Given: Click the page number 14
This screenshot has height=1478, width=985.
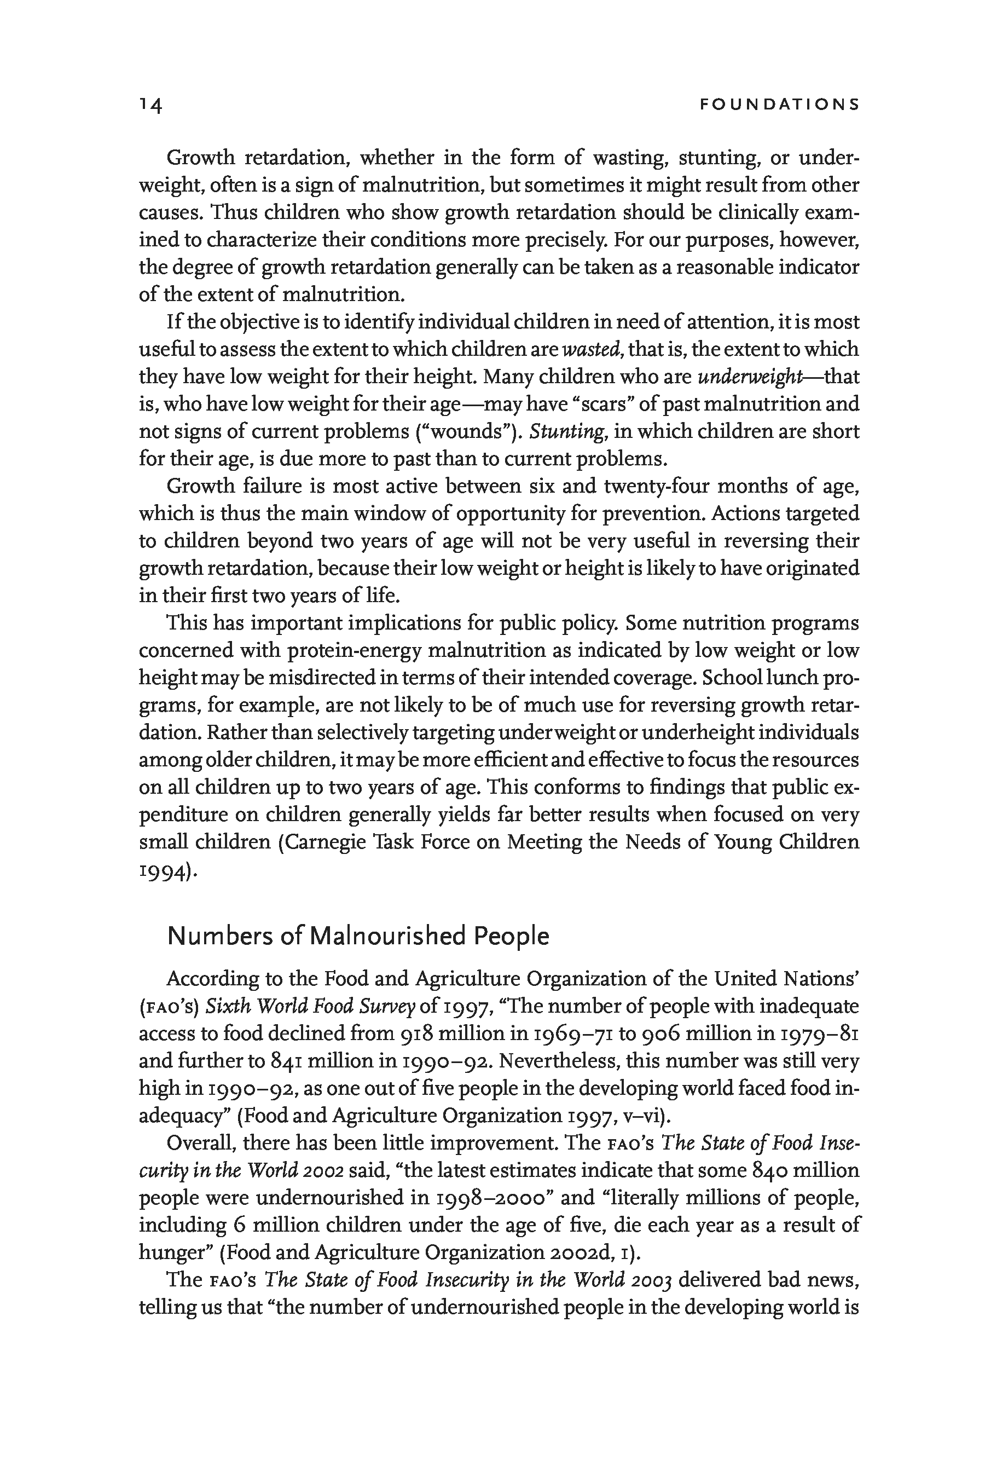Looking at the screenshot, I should (151, 105).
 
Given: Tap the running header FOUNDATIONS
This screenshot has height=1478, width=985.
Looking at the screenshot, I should (779, 105).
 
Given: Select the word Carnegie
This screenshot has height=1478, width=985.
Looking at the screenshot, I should (327, 842).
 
